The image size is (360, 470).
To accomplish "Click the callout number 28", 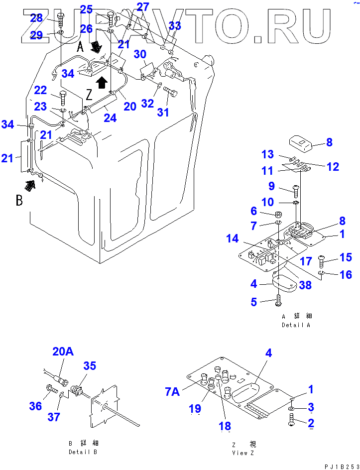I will [x=36, y=18].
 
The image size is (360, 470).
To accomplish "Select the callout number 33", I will [x=175, y=26].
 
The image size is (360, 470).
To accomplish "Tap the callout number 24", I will [x=110, y=118].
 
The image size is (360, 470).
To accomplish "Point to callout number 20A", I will [x=63, y=352].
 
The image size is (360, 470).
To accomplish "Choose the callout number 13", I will [x=268, y=153].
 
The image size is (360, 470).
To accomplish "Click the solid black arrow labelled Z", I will [x=102, y=82].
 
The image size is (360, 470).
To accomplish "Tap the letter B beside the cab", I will [x=19, y=201].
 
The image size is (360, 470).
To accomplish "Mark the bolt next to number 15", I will [x=321, y=259].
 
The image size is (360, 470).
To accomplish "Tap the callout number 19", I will [x=195, y=408].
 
